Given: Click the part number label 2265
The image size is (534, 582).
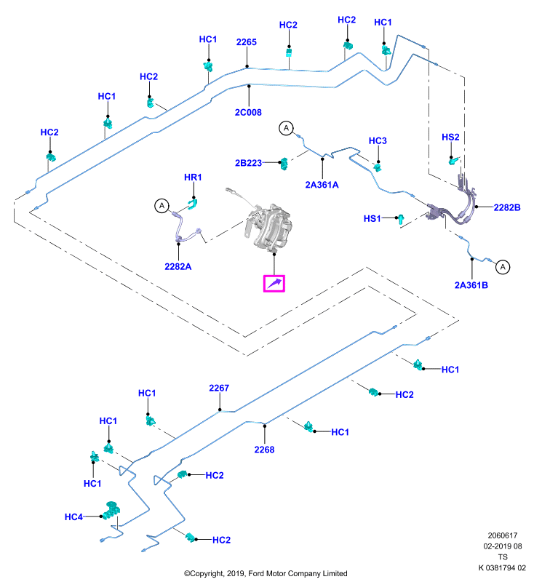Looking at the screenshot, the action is (247, 42).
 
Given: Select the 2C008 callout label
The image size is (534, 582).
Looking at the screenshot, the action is (248, 113).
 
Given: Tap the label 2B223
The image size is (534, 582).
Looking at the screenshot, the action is (248, 163).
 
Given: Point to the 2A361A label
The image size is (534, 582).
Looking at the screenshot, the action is (322, 185).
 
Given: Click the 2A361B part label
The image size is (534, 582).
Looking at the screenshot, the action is (471, 285).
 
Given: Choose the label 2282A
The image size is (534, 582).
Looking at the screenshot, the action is (178, 266).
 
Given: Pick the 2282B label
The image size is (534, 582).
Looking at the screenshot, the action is (507, 207).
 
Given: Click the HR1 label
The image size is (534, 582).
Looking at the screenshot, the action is (193, 178).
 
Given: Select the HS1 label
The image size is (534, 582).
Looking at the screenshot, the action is (372, 219).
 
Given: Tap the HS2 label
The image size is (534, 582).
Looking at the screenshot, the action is (450, 137).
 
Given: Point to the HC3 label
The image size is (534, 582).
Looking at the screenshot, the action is (378, 141).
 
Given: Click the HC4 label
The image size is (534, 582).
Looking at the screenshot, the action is (74, 517).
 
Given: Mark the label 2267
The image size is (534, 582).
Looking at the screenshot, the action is (219, 388).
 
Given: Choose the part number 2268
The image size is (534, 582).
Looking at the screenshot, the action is (264, 450).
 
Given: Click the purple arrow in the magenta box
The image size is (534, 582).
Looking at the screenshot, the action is (274, 284).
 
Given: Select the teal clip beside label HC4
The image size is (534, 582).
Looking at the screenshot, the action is (111, 511).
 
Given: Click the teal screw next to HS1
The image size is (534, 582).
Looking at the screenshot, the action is (399, 219).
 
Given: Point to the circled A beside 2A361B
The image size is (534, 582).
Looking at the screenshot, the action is (503, 267).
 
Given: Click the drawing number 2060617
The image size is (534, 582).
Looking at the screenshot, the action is (503, 535).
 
